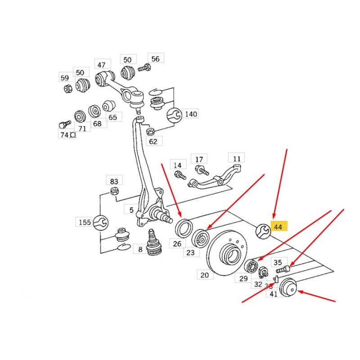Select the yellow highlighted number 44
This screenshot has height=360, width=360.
coord(278,227)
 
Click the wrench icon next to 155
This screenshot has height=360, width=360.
coord(100,222)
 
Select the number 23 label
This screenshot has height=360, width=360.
coord(190,252)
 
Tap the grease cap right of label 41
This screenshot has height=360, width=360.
coord(288,288)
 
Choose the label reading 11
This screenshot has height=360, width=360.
coord(236,158)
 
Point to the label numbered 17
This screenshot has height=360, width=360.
coord(198,159)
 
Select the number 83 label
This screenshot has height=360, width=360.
coord(114,181)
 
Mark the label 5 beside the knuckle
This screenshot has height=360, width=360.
coord(131,210)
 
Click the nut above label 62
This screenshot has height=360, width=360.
coord(151,131)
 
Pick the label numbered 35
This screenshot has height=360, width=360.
coord(278,262)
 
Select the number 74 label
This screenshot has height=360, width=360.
coord(64,135)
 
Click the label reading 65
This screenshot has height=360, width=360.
coord(112,117)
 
